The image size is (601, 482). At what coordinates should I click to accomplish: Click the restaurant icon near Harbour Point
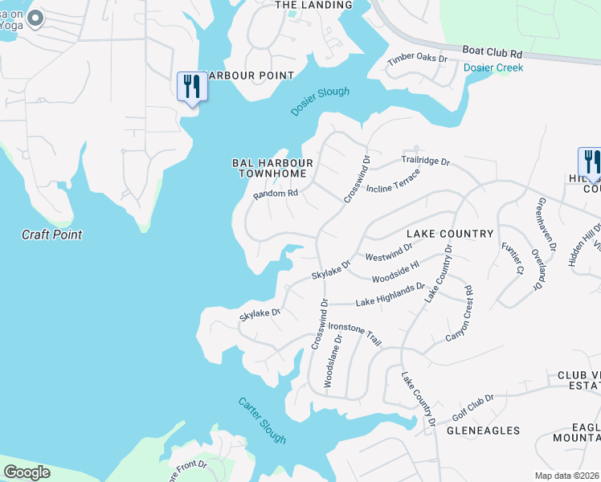(x=192, y=87)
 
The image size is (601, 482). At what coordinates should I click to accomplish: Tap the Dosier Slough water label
(x=320, y=101)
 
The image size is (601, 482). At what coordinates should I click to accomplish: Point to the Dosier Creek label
(x=493, y=67)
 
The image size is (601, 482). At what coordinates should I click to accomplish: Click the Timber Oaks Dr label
(x=417, y=59)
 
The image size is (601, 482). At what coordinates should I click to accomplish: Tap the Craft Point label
(x=52, y=235)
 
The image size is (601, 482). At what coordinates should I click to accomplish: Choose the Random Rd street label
(x=276, y=194)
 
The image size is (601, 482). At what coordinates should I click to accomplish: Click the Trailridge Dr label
(x=424, y=161)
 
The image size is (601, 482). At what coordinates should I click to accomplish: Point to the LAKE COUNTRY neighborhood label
(x=449, y=234)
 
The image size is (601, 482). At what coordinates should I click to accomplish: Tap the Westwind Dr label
(x=389, y=256)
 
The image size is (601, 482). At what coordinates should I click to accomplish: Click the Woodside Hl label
(x=395, y=273)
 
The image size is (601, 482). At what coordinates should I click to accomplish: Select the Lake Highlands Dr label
(x=390, y=294)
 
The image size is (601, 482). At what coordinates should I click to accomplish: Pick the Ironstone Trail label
(x=355, y=334)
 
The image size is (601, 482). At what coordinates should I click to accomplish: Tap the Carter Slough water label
(x=262, y=420)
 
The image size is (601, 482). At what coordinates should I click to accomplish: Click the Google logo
(x=27, y=472)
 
